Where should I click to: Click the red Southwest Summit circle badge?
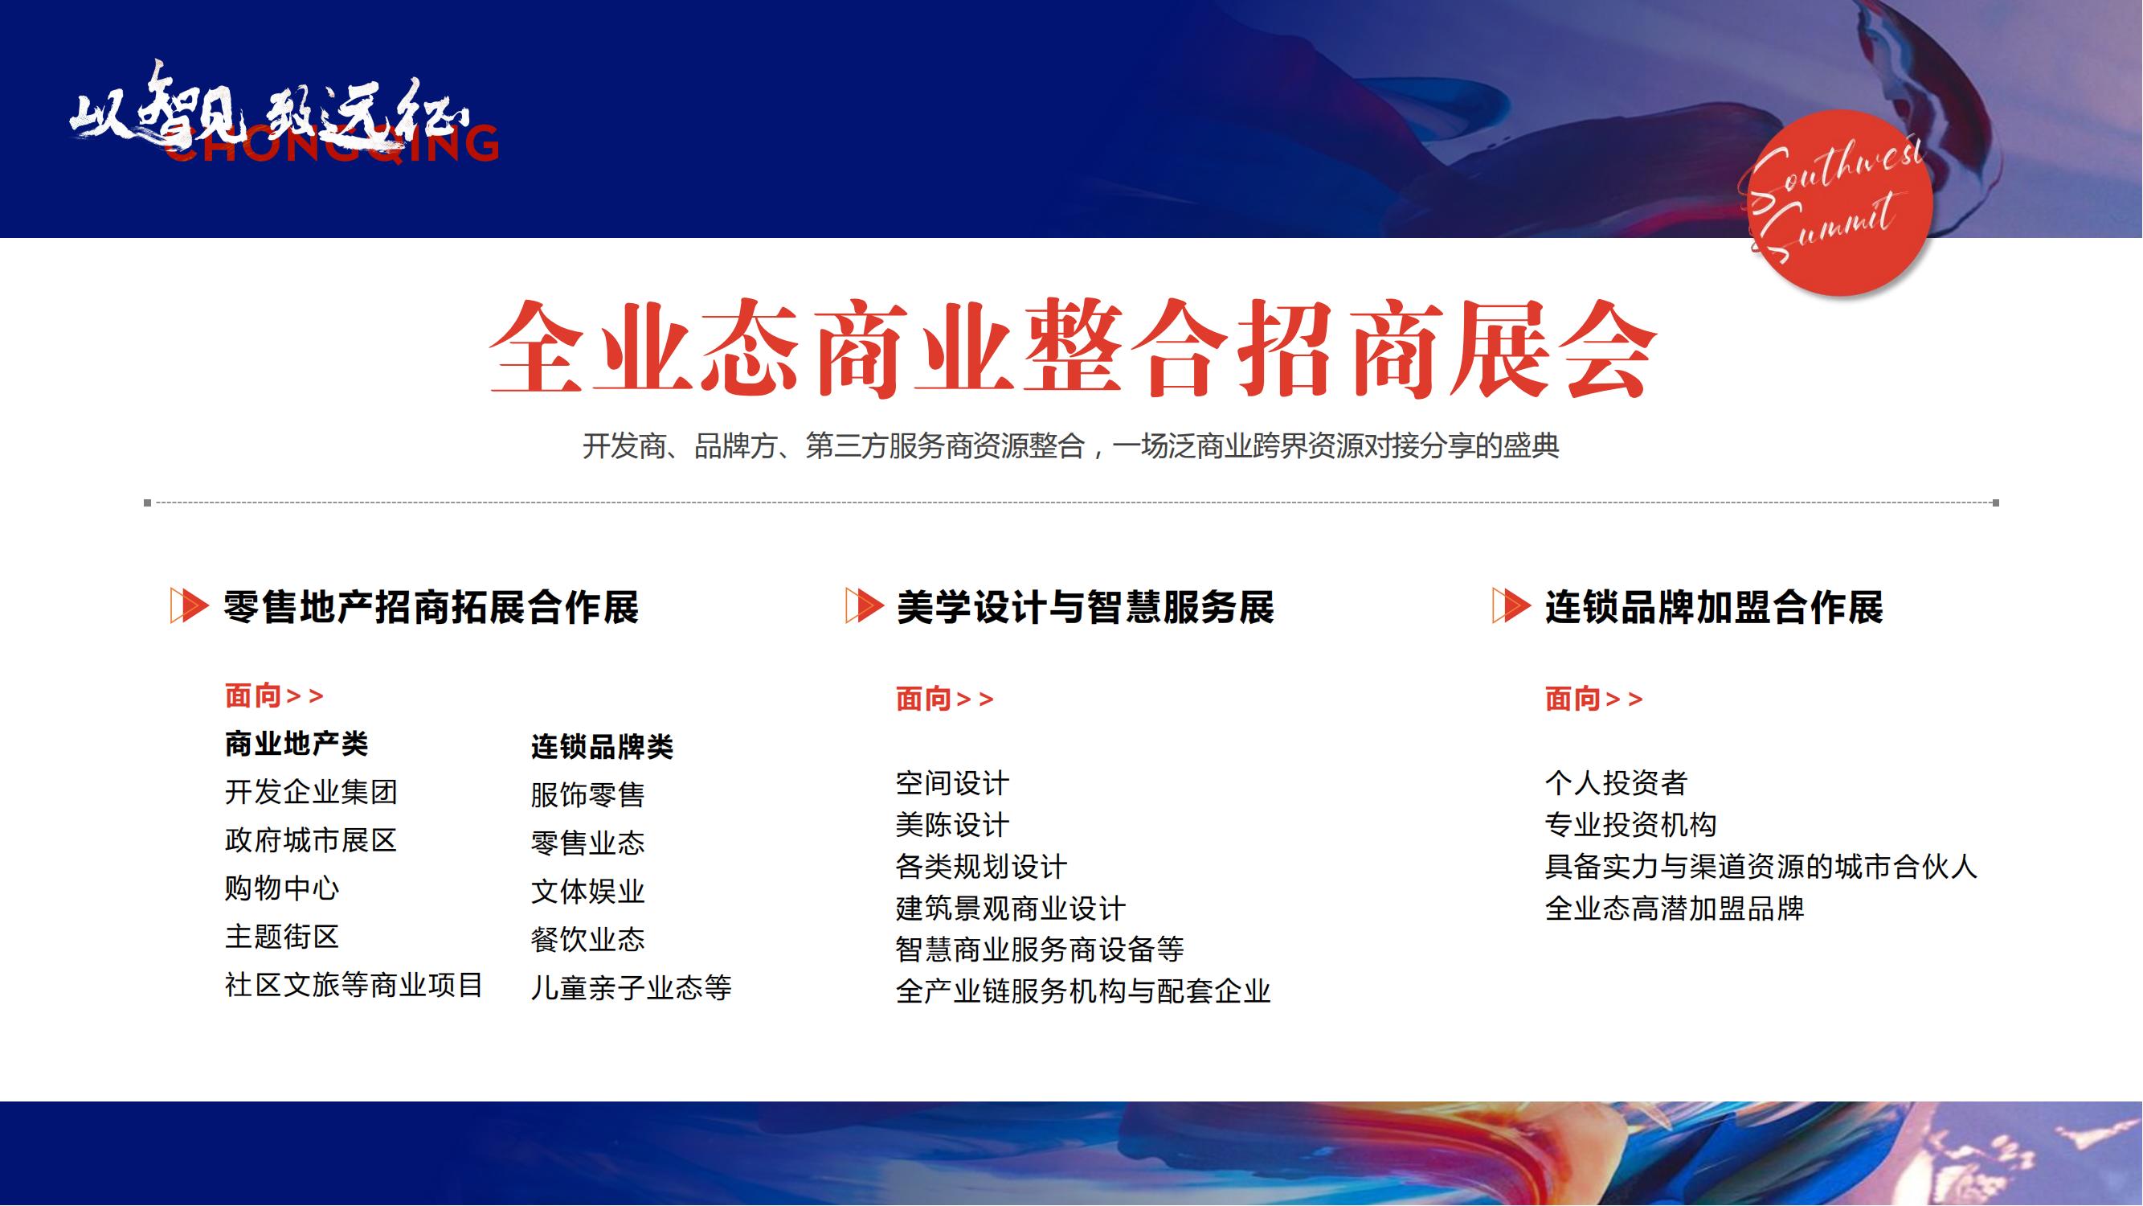click(x=1839, y=203)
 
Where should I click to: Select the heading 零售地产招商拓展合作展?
click(x=431, y=607)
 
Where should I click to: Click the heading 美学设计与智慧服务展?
click(x=1085, y=607)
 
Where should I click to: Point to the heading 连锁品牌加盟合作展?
click(x=1714, y=607)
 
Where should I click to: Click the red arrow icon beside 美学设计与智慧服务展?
click(x=864, y=605)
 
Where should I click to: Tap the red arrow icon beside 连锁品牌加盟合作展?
click(x=1511, y=605)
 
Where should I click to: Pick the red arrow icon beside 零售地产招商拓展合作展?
click(x=189, y=605)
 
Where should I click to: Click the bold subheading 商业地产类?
click(x=297, y=743)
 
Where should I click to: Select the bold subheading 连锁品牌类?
click(x=603, y=746)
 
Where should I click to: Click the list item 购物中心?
click(x=282, y=888)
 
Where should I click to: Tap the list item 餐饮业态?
click(x=588, y=940)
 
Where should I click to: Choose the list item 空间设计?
click(x=952, y=783)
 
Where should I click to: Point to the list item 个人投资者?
click(x=1616, y=783)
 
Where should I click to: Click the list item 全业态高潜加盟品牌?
click(x=1675, y=908)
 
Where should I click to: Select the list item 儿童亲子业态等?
click(x=632, y=988)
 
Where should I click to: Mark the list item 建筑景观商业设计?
click(x=1011, y=908)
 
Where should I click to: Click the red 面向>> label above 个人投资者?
click(x=1594, y=699)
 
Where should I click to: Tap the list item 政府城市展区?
click(x=311, y=840)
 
